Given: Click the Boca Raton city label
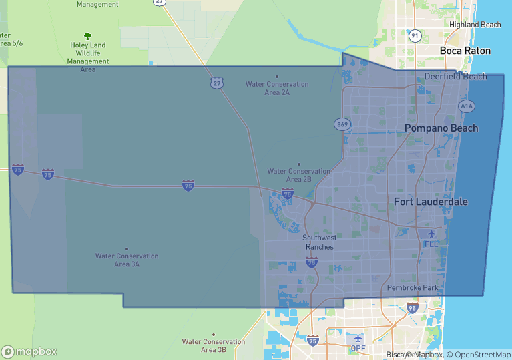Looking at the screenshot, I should (465, 51).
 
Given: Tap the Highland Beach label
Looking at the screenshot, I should (475, 25).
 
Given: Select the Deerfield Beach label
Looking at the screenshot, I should (455, 77).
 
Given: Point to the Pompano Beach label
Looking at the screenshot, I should (441, 128).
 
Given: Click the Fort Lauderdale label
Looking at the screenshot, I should (431, 202).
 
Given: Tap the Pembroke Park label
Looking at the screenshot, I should (413, 288).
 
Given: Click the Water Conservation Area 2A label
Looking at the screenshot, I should (277, 88).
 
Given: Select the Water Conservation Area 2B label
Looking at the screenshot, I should (299, 175).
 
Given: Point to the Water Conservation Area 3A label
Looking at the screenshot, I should (127, 260).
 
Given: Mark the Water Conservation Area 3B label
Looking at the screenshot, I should (214, 345).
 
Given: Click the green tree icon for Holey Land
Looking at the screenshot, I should (87, 36).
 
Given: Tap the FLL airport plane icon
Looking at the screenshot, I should (431, 234).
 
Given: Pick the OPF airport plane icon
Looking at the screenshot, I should (358, 338).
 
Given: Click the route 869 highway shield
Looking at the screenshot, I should (342, 125).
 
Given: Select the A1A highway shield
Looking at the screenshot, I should (466, 106).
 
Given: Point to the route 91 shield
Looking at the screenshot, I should (415, 36).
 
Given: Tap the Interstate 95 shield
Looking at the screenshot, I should (413, 308).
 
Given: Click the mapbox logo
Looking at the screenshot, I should (29, 351).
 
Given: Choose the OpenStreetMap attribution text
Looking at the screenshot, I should (479, 355).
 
